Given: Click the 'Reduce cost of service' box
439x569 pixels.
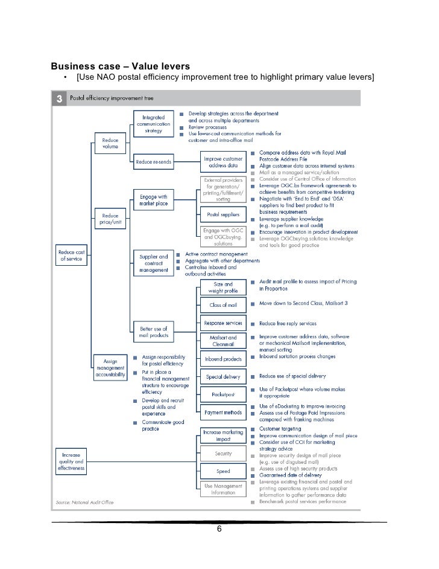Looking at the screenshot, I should coord(72,254).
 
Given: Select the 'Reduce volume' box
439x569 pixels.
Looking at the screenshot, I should coord(110,143).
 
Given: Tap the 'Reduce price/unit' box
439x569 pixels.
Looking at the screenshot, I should coord(110,218).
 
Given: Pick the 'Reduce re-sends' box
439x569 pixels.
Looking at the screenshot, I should coord(153,162).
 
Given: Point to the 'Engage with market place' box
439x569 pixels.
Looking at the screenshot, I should coord(153,200).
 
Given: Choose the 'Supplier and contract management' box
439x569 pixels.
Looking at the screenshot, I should coord(153,263).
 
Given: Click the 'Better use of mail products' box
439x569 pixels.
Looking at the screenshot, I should coord(153,332).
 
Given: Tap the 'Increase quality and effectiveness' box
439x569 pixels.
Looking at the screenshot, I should coord(72,460).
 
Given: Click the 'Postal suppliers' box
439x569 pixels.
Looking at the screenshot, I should coord(223,214).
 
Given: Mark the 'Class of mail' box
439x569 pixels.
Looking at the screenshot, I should coord(223,306).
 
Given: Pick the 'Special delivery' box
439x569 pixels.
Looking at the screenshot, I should coord(223,377).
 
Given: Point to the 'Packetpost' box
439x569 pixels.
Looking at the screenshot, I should coord(223,394).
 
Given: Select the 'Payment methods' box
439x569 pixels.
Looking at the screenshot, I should coord(223,413).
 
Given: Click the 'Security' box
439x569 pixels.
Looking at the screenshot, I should coord(223,453).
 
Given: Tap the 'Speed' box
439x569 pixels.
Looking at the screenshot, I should coord(223,471).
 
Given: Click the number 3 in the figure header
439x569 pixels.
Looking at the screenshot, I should coord(60,98).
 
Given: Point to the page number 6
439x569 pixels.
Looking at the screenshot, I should coord(219,530).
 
